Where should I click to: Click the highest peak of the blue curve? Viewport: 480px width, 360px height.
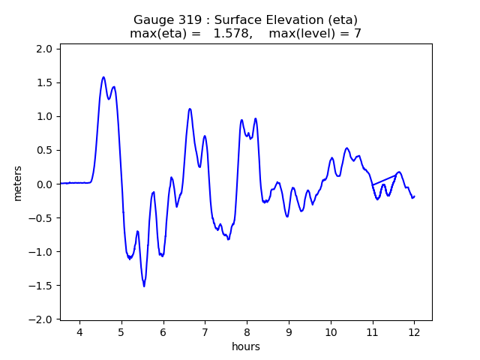103,77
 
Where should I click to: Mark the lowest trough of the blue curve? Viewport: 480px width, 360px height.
144,286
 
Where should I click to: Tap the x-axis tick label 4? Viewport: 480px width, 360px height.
79,332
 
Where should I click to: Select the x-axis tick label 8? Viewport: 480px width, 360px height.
247,332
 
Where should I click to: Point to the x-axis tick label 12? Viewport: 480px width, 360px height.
414,332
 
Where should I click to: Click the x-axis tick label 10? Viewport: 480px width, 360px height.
330,332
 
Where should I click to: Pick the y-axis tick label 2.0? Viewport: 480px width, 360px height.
44,49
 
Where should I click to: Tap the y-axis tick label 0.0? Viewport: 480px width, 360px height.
44,184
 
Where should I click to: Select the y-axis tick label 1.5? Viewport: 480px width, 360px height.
44,82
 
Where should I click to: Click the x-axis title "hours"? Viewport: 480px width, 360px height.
246,346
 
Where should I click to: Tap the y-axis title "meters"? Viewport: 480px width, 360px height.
17,184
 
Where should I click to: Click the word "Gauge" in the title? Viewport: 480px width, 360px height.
153,20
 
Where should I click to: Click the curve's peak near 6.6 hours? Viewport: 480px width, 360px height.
190,109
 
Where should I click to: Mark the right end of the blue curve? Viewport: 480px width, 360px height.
414,196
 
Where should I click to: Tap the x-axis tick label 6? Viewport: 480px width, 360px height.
163,332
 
